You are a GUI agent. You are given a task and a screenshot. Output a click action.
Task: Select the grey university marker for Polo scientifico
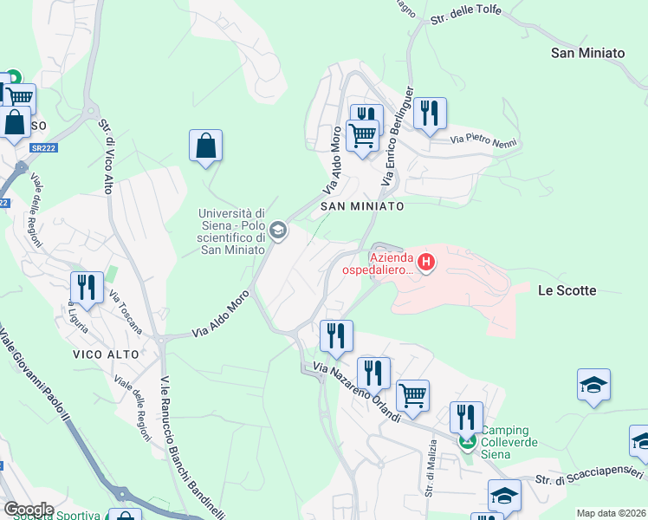pos(278,231)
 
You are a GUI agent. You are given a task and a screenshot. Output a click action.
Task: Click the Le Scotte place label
pos(567,290)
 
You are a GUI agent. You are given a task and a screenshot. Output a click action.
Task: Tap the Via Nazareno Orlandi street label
pos(357,393)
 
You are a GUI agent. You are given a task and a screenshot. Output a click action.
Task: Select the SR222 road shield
pos(42,148)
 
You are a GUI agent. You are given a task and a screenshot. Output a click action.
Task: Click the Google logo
pos(29,509)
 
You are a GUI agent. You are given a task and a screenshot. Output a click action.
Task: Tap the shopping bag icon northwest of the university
pos(206,147)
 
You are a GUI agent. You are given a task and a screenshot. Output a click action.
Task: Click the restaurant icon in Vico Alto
pos(87,289)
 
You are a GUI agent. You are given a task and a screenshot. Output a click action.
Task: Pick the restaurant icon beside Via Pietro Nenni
pos(430,114)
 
